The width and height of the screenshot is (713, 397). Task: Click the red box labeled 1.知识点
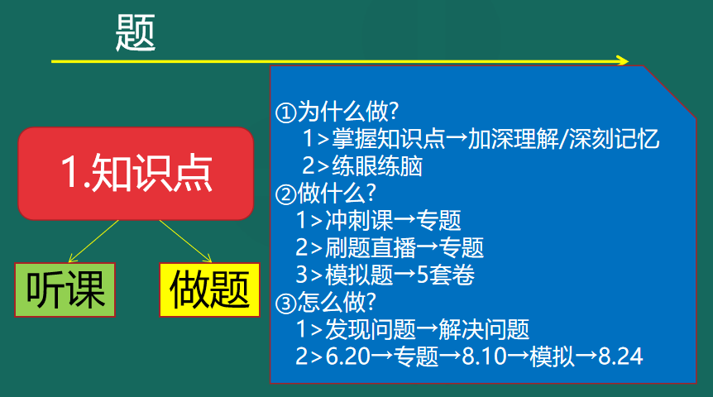136,173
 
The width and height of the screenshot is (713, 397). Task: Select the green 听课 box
65,289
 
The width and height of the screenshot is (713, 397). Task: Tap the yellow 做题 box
209,289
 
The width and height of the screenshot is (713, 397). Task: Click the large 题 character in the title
136,32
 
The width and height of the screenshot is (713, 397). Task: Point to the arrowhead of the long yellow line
623,60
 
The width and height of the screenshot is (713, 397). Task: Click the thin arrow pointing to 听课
93,242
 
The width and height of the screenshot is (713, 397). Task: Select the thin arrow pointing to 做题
185,242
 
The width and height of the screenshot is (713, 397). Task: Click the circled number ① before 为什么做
286,112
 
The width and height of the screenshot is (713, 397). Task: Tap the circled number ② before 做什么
286,194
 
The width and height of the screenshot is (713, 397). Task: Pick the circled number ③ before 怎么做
286,304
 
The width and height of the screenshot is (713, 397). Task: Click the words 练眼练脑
377,166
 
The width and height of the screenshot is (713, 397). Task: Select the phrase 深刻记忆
614,139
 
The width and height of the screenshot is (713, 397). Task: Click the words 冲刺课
359,221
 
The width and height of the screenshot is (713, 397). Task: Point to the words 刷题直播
370,248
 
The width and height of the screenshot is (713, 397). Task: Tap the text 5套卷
445,275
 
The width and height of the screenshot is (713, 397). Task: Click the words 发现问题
370,329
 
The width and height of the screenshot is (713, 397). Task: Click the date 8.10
484,356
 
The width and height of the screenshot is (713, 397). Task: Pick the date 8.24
620,356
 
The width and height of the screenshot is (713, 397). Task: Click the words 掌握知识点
388,139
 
